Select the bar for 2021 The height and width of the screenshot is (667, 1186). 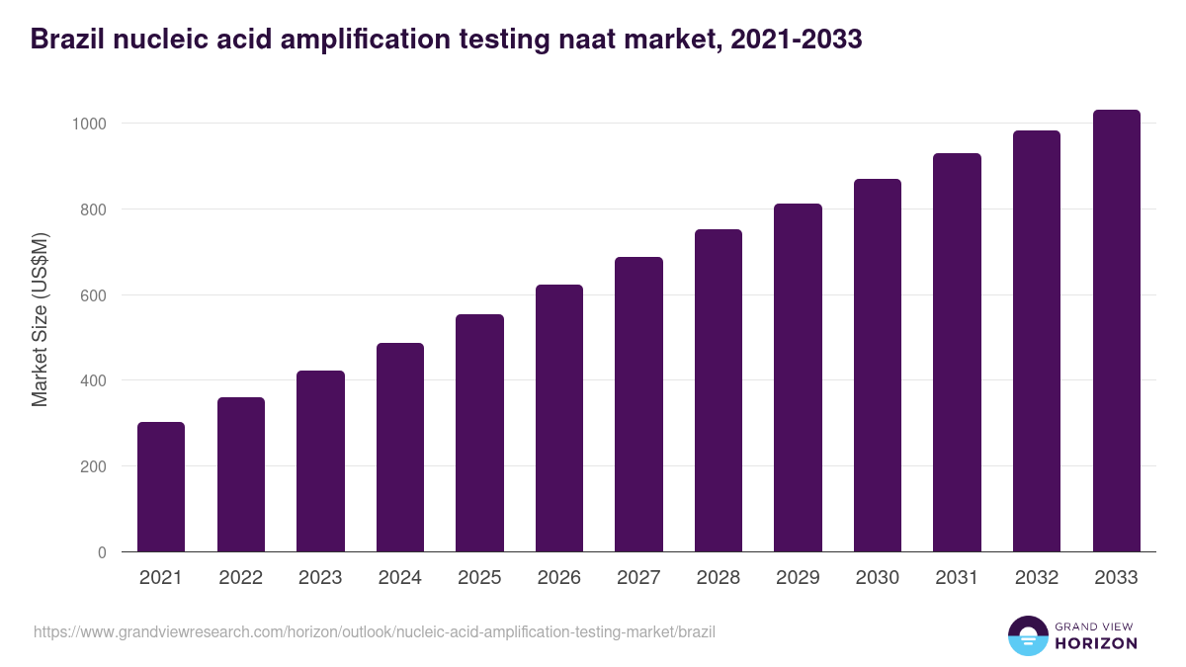point(161,487)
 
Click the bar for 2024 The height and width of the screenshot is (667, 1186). point(400,448)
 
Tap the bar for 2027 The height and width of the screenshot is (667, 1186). point(638,404)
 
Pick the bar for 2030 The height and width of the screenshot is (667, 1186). point(878,366)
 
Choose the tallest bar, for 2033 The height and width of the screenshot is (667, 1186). point(1116,331)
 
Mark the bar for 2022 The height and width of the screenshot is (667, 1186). point(241,474)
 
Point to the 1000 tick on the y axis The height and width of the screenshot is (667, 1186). point(90,124)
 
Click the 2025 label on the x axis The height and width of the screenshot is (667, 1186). point(479,578)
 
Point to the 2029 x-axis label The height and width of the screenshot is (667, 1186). point(798,578)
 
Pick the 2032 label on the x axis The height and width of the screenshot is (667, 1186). point(1037,578)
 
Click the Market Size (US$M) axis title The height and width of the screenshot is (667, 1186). point(40,318)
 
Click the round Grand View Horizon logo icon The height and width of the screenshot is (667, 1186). point(1027,635)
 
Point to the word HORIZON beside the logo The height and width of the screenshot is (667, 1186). point(1095,643)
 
